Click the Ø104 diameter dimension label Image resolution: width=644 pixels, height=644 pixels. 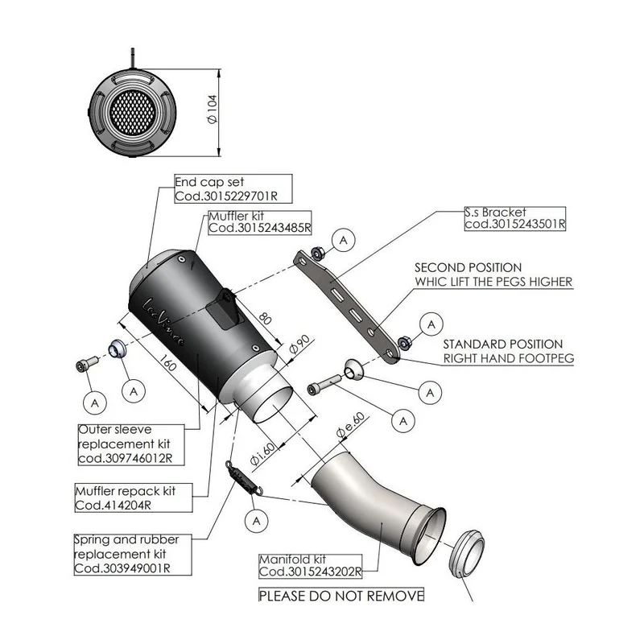(212, 109)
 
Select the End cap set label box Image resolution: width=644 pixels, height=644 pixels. (233, 188)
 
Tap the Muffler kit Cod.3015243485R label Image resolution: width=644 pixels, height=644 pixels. (259, 223)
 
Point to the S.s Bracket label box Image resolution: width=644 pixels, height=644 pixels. (515, 218)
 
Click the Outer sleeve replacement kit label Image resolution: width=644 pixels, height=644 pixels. (131, 444)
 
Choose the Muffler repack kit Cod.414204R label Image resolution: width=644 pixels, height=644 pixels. (134, 497)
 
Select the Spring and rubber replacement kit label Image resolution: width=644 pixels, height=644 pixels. (133, 554)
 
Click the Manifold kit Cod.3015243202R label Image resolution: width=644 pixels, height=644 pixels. (311, 566)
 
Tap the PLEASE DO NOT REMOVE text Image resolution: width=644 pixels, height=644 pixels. (341, 595)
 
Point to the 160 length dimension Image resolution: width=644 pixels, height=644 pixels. (167, 362)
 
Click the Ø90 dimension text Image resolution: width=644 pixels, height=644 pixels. (299, 345)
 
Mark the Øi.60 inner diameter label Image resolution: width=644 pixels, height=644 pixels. (263, 454)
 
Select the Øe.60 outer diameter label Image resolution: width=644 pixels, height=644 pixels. (350, 424)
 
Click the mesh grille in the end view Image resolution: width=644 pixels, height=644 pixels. (133, 112)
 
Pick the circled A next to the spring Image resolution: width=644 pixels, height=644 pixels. (256, 521)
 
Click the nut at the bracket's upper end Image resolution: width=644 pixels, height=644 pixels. (317, 253)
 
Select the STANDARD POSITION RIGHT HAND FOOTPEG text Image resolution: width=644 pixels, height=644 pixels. (508, 351)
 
